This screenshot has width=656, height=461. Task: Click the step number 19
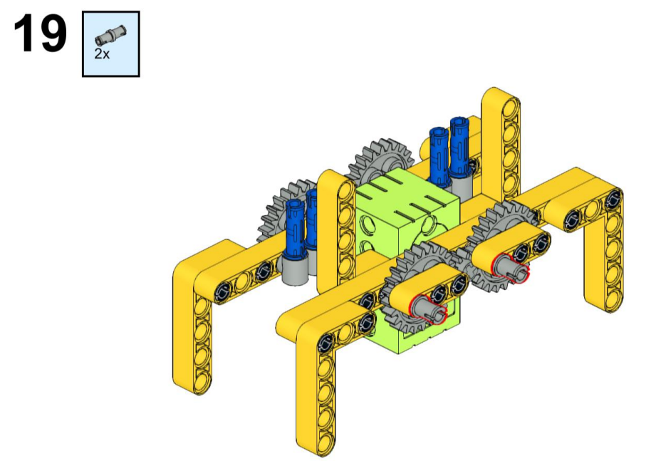(x=40, y=33)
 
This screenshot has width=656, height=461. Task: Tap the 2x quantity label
(x=102, y=54)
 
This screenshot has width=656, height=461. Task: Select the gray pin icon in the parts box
(x=110, y=34)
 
